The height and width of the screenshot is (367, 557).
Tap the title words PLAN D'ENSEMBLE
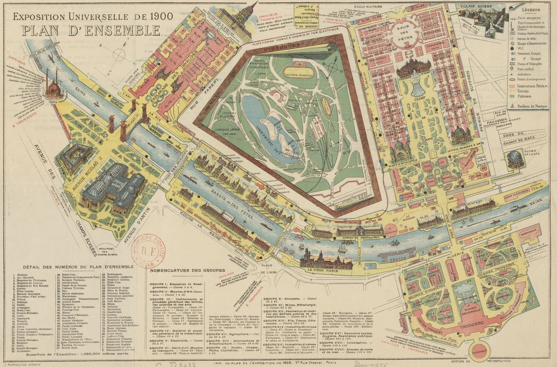(91, 30)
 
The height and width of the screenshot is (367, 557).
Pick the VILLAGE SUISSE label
(480, 6)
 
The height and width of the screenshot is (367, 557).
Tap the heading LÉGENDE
(531, 10)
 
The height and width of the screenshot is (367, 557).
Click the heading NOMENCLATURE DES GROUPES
(187, 270)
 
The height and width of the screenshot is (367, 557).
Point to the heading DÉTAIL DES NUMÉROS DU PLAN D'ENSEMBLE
(78, 266)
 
